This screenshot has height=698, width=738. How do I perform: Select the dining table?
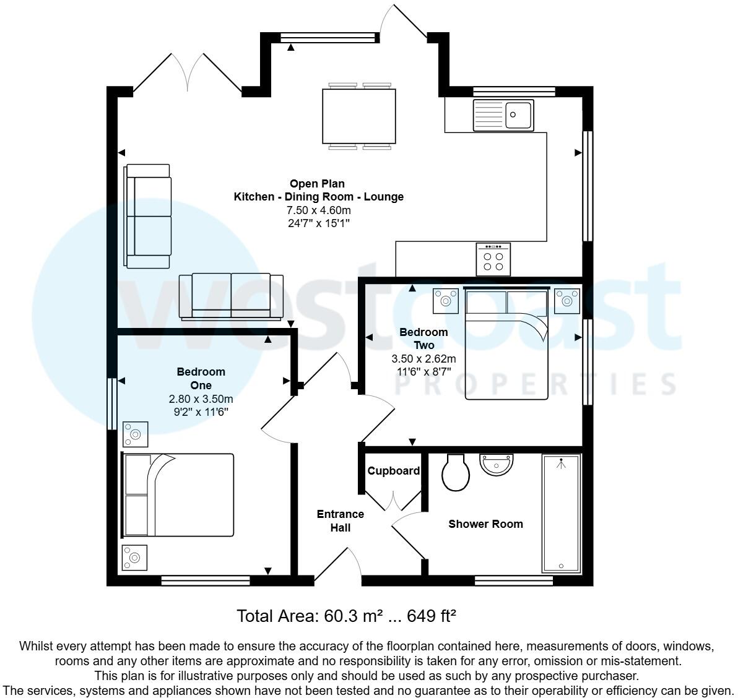point(358,115)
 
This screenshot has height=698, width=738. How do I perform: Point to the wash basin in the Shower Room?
point(497,465)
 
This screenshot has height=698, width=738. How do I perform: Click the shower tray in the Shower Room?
point(561,513)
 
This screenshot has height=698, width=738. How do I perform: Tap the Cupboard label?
point(394,471)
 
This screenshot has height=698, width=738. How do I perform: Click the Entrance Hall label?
point(340,521)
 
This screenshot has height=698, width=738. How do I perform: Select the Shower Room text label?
point(485,524)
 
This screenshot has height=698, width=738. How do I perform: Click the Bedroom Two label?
point(423,339)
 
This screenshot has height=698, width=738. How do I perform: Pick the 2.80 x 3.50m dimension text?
point(201,399)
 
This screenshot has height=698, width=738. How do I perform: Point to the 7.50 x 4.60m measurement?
point(318,210)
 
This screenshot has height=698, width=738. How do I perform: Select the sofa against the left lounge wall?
point(147,216)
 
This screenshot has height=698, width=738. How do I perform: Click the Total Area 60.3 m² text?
point(347,616)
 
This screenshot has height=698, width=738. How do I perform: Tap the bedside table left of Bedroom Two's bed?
point(445,300)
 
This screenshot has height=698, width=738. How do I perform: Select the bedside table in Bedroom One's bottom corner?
point(135,558)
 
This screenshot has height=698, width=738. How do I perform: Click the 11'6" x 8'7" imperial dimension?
point(423,371)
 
